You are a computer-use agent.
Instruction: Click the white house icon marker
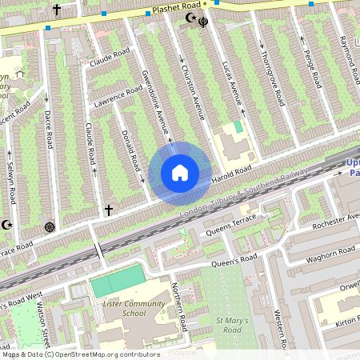coord(180,172)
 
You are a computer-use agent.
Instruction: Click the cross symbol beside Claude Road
coord(108,210)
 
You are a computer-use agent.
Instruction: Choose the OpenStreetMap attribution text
coord(80,354)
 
